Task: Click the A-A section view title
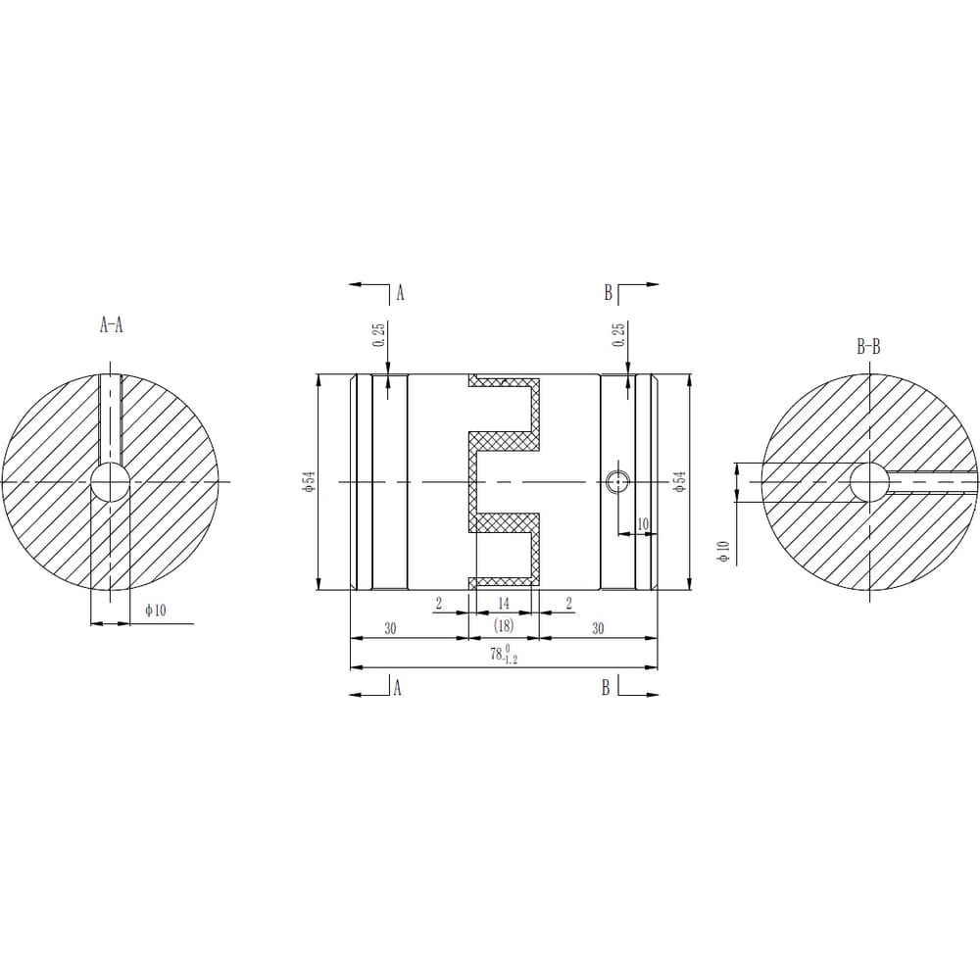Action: pos(112,325)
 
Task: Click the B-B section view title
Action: pos(868,348)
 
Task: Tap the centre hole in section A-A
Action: pos(111,482)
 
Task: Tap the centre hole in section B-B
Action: pos(869,482)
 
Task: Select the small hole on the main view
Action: pos(617,482)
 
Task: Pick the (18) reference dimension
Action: pos(503,625)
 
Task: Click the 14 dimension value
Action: pos(504,603)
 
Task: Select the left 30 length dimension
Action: pos(390,628)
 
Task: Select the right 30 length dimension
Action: pos(598,628)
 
